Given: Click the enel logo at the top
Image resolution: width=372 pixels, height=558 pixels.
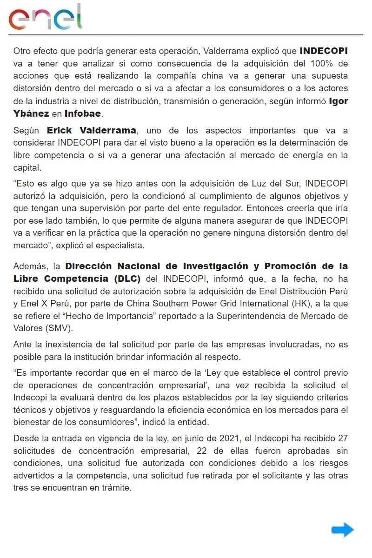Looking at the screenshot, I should coord(45,18).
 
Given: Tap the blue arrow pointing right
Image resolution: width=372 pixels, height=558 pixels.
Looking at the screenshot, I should coord(343,530).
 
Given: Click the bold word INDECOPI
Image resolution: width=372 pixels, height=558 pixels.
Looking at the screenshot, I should coord(324,51).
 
